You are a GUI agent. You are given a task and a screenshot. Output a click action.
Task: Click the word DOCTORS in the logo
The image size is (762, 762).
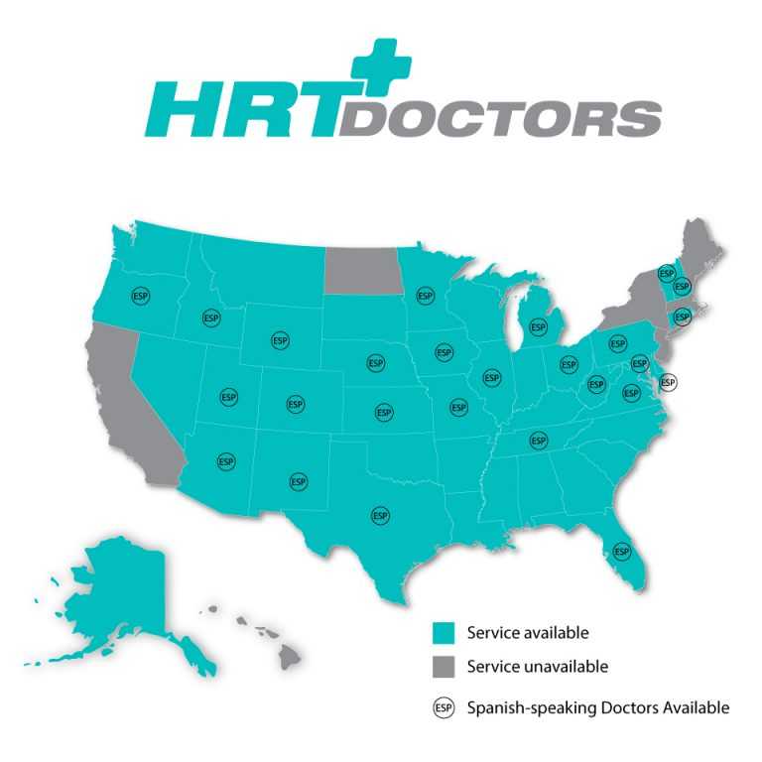click(x=501, y=118)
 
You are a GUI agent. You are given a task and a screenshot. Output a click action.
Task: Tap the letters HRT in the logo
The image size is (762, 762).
click(x=242, y=110)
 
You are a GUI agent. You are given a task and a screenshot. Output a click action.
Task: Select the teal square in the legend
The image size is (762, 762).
click(x=443, y=632)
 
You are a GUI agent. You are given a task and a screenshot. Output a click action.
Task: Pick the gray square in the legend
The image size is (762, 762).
click(x=443, y=667)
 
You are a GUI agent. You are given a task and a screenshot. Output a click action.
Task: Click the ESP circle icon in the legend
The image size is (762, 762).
click(x=444, y=707)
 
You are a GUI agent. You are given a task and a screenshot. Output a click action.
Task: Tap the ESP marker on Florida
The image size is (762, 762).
click(x=622, y=551)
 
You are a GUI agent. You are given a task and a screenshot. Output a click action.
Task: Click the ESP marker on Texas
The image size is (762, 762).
click(x=379, y=515)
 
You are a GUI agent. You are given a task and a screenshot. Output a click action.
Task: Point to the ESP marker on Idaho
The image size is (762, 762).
click(x=210, y=317)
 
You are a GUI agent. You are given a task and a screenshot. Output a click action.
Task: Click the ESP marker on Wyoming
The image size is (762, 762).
click(x=280, y=340)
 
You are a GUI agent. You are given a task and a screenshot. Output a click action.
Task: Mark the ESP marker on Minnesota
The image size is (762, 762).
click(x=426, y=295)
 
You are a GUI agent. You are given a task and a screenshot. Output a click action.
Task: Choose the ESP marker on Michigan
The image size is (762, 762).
click(x=538, y=325)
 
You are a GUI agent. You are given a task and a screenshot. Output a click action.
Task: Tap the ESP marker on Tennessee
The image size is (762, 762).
click(x=538, y=440)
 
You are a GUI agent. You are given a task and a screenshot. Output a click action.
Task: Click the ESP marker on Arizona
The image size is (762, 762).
click(x=226, y=461)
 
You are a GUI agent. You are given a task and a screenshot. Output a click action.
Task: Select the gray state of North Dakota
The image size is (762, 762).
click(x=362, y=269)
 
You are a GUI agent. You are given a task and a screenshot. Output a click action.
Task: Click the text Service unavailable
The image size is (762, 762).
click(x=537, y=667)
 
